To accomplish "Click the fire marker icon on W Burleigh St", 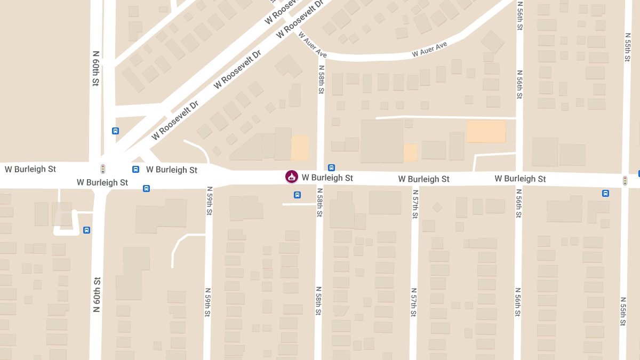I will tap(291, 177).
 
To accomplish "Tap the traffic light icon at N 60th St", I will tap(103, 169).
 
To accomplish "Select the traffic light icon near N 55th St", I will tap(625, 181).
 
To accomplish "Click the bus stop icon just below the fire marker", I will tap(297, 195).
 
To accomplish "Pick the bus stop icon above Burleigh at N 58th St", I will tap(331, 167).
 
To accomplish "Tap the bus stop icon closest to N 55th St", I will tap(605, 193).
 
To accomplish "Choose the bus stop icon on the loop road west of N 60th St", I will tap(86, 230).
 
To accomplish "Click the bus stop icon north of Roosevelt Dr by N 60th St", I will tap(115, 131).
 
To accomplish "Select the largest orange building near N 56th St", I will tap(486, 131).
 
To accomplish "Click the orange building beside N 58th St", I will tap(299, 148).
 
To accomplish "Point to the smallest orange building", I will tap(411, 152).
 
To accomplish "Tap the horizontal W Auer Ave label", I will tap(429, 50).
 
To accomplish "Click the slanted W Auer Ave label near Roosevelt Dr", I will tap(313, 45).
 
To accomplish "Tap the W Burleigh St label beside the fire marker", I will tap(327, 177).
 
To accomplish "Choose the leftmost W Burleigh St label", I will tap(30, 169).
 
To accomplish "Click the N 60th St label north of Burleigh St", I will tap(96, 68).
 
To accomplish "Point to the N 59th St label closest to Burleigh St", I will tap(209, 201).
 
